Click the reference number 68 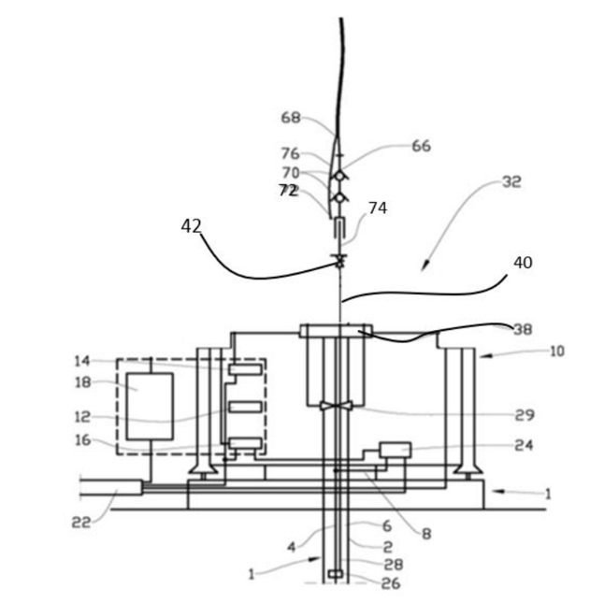[291, 118]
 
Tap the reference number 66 [421, 146]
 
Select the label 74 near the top [378, 208]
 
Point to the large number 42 [191, 226]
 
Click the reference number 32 [511, 181]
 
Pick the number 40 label [522, 263]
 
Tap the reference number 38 [522, 329]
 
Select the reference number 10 [556, 352]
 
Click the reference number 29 [525, 415]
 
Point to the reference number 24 [525, 446]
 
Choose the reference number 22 [82, 523]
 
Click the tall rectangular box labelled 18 [150, 406]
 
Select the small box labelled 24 [395, 450]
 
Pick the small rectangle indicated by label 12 [244, 407]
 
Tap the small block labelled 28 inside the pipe [335, 573]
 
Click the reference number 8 [425, 535]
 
